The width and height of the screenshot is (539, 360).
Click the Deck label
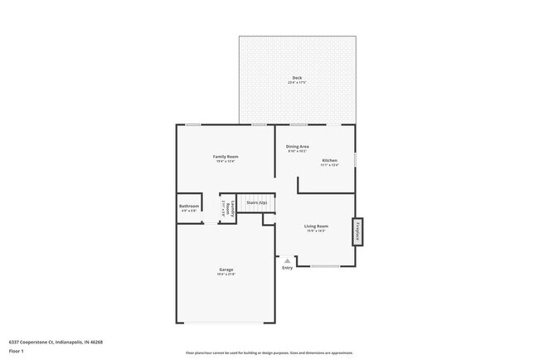(296, 78)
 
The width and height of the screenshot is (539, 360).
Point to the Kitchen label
(329, 160)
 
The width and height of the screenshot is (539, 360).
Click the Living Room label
(316, 226)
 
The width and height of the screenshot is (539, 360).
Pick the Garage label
(226, 270)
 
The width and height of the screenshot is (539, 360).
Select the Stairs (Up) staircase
(255, 203)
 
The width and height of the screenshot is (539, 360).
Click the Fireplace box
(357, 231)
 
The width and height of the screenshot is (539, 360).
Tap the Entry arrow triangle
(288, 260)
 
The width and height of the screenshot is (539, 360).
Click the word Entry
(288, 268)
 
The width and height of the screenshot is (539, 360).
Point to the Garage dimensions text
(226, 275)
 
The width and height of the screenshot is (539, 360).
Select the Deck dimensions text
(296, 83)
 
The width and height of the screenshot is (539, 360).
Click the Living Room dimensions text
(316, 231)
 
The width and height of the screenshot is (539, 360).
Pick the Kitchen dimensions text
(329, 165)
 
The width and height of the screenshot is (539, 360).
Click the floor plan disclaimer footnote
(269, 353)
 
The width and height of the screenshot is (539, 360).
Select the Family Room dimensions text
(226, 162)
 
